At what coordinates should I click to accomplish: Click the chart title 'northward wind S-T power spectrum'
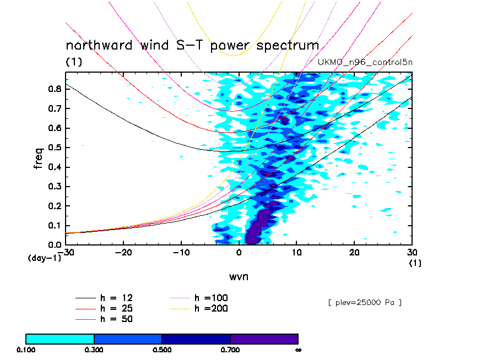pyautogui.click(x=192, y=45)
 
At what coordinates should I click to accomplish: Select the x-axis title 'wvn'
pyautogui.click(x=239, y=276)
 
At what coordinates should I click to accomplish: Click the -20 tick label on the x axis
pyautogui.click(x=123, y=252)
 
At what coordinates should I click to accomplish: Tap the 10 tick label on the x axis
pyautogui.click(x=296, y=252)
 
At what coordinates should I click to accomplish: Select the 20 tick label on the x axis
pyautogui.click(x=354, y=252)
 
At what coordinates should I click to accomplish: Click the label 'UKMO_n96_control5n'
pyautogui.click(x=365, y=62)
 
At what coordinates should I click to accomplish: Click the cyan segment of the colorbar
pyautogui.click(x=60, y=339)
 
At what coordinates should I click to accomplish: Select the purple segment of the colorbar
pyautogui.click(x=264, y=339)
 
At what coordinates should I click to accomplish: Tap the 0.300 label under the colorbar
pyautogui.click(x=94, y=350)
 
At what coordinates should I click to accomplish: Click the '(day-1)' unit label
pyautogui.click(x=44, y=258)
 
